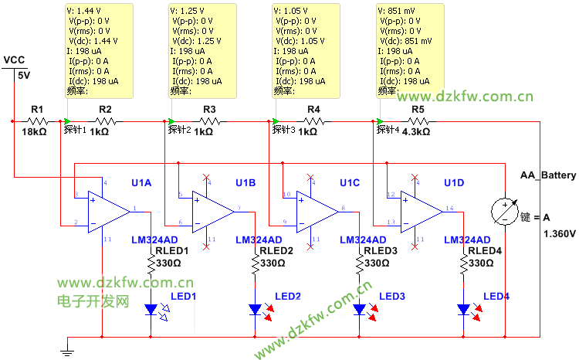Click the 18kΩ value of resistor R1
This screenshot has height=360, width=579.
coord(35,132)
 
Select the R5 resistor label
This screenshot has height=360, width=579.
coord(418,110)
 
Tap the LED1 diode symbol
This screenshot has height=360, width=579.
coord(151,310)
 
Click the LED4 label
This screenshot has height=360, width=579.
coord(496,297)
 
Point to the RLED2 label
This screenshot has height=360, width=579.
coord(276,251)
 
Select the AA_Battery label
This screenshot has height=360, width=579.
coord(548,175)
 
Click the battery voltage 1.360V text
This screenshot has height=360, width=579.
coord(560,233)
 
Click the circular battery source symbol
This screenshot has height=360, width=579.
coord(504,211)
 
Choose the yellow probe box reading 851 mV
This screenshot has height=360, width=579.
coord(410,50)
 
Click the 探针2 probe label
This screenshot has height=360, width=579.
coord(180,129)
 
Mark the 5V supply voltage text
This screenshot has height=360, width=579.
coord(24,76)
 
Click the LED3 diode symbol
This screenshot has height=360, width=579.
coord(360,310)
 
